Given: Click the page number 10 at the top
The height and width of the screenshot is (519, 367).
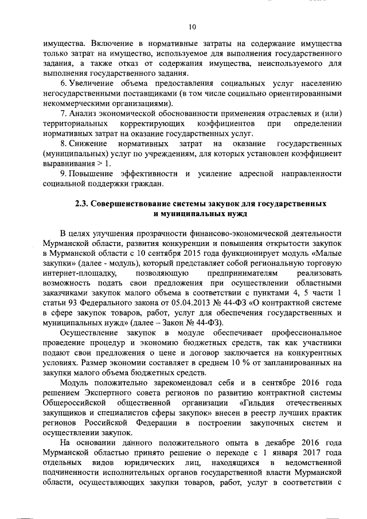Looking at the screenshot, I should (x=192, y=27).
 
